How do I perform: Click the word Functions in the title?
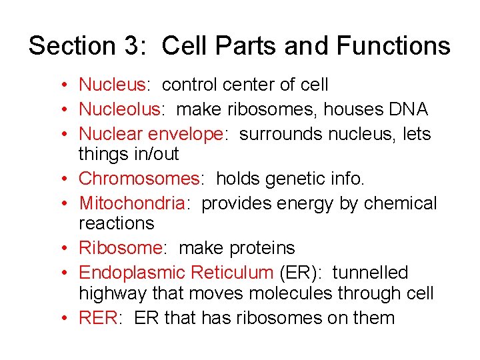[x=393, y=46]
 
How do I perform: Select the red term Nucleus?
[x=111, y=85]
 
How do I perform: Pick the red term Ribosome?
[x=120, y=248]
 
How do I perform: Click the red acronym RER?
[x=98, y=317]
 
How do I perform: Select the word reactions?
[x=116, y=223]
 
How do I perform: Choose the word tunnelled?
[x=370, y=273]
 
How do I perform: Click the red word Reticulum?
[x=231, y=273]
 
